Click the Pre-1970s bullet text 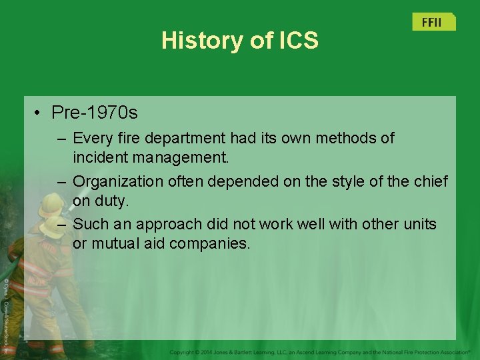pyautogui.click(x=95, y=113)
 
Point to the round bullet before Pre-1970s pyautogui.click(x=39, y=113)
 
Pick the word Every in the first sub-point pyautogui.click(x=90, y=138)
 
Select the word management pyautogui.click(x=189, y=158)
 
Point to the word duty pyautogui.click(x=113, y=201)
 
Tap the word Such pyautogui.click(x=89, y=224)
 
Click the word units pyautogui.click(x=418, y=224)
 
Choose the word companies pyautogui.click(x=209, y=244)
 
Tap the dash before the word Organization pyautogui.click(x=61, y=181)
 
